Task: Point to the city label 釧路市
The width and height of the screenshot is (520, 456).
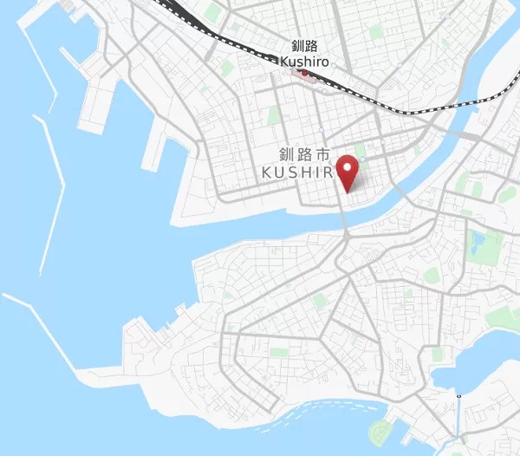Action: [304, 155]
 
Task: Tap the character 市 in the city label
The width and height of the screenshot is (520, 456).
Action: [322, 155]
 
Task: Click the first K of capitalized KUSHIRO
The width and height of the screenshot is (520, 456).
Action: [267, 173]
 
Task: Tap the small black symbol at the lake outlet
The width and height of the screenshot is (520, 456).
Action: [458, 395]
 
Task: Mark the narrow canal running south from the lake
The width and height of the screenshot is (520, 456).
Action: [458, 425]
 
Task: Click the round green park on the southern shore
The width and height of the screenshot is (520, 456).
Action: [380, 431]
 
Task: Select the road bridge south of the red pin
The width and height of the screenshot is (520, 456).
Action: [345, 224]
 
